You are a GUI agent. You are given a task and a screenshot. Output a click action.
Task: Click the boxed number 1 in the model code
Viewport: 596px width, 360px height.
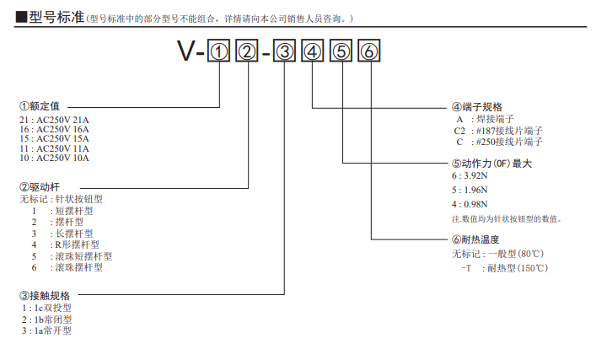[219, 53]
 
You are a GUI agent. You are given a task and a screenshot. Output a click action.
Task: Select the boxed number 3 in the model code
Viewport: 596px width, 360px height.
[285, 53]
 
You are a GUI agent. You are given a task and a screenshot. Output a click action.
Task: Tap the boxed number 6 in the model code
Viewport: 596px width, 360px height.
[370, 53]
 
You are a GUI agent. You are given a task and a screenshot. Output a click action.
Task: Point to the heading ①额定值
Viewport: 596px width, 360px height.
[40, 107]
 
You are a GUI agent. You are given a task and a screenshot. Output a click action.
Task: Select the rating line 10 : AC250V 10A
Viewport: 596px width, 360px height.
[54, 158]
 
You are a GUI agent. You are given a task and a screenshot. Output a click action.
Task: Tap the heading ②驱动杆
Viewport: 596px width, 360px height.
[40, 186]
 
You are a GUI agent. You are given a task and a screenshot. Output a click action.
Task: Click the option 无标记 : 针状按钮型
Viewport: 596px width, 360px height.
[61, 200]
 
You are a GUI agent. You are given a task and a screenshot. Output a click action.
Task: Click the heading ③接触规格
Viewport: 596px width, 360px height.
[46, 296]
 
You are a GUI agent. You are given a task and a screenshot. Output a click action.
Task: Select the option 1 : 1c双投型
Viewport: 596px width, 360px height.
[47, 309]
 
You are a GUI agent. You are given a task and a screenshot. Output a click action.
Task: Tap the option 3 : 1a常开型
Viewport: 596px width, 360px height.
[47, 331]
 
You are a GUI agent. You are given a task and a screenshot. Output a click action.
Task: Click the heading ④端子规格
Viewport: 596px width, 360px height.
[477, 107]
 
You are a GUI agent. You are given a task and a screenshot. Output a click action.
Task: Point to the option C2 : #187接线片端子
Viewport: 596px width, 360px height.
[497, 131]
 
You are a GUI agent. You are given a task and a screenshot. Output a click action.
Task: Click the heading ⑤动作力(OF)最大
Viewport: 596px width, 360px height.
[492, 163]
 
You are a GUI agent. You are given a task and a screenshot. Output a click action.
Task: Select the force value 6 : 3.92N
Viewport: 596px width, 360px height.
[470, 175]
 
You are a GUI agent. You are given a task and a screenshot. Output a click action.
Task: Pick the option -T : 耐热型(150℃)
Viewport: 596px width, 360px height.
[503, 267]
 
